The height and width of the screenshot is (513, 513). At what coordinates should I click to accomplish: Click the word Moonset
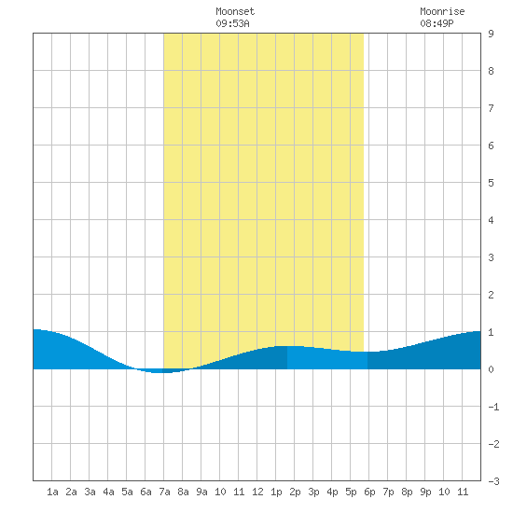point(235,11)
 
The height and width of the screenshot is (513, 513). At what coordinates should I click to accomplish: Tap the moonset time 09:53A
point(232,23)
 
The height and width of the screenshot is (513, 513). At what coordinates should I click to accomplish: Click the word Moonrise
point(442,11)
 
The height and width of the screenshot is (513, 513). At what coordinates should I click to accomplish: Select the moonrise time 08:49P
point(437,23)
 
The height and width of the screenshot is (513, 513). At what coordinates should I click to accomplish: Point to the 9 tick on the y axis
point(491,34)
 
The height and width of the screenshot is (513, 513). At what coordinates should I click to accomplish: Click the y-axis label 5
point(491,183)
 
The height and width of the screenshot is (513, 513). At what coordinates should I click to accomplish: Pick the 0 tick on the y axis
point(491,369)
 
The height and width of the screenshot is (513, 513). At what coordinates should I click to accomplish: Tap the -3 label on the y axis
point(493,481)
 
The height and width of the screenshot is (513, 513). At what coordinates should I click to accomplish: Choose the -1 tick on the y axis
point(493,407)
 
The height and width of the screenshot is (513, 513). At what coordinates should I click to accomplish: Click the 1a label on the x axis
point(52,492)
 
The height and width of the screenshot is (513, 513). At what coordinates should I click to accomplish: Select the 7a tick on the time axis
point(164,492)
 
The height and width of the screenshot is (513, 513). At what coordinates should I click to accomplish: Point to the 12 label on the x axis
point(257,492)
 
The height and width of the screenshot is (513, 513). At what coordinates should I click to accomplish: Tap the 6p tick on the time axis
point(369,492)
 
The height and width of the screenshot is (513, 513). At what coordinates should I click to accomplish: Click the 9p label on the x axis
point(425,492)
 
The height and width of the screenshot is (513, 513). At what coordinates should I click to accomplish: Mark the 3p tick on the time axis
point(313,492)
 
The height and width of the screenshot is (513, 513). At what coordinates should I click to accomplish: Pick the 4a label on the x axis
point(108,492)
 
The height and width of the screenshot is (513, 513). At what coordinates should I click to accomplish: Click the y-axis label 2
point(491,295)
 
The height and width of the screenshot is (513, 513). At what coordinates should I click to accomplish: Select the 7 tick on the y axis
point(491,108)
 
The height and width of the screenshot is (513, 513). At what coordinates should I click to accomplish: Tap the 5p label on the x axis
point(351,492)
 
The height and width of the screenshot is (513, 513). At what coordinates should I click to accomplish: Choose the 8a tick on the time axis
point(183,492)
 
